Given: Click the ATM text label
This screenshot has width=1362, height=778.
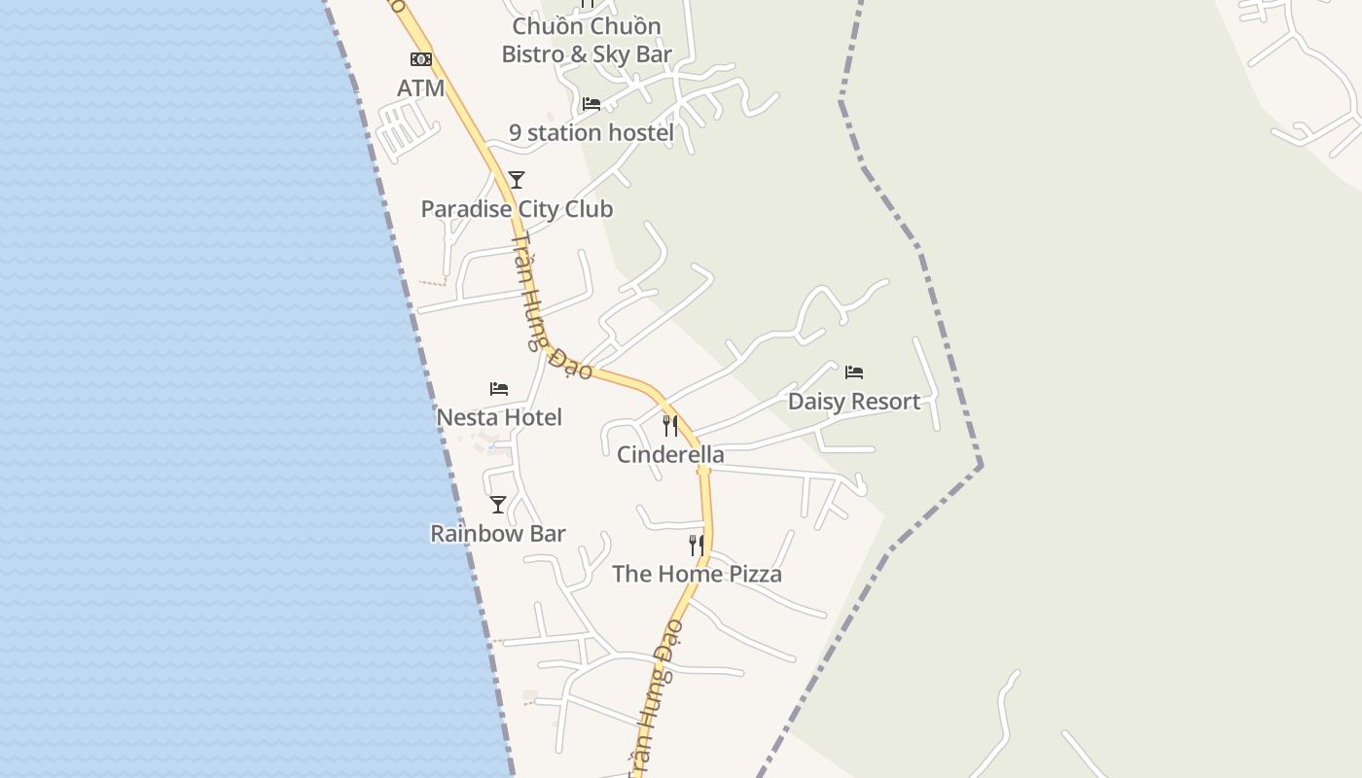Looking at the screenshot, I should [420, 88].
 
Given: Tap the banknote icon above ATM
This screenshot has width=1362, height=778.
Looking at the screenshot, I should [420, 59].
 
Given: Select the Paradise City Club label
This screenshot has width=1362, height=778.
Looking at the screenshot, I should [517, 209].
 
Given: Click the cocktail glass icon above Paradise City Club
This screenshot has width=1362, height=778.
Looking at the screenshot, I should [517, 180].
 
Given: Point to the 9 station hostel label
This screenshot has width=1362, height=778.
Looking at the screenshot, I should [591, 132].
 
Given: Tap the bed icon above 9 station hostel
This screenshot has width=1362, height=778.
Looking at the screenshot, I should [591, 104].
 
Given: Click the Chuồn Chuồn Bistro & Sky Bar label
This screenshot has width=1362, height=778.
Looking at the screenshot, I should [587, 41].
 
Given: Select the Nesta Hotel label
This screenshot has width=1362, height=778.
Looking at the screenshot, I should [499, 417].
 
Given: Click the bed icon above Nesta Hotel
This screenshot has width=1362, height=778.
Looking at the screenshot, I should [499, 389].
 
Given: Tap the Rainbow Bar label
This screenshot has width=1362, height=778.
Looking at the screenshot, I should [498, 534].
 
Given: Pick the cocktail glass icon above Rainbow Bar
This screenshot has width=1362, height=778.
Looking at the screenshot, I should [498, 505].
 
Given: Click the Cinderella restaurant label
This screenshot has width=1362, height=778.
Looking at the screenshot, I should [670, 454].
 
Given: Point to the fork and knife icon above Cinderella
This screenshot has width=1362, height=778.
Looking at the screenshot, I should [670, 426].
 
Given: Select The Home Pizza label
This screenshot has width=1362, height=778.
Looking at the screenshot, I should [697, 574].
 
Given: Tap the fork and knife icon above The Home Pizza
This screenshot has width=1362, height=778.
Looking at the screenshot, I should [697, 546].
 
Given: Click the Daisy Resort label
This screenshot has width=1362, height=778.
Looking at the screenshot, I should [854, 402].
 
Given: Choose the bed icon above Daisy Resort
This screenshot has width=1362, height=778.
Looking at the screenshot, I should [854, 372].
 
